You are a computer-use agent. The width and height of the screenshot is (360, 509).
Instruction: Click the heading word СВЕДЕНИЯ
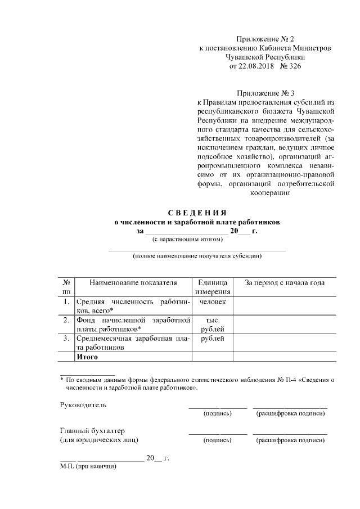[197, 213]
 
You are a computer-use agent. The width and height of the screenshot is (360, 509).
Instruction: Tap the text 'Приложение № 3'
[266, 93]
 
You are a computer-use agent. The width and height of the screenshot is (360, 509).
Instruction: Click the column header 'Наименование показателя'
[133, 283]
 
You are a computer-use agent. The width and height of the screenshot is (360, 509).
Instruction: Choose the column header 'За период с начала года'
[285, 283]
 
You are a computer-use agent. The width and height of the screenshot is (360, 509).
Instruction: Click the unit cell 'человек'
[212, 302]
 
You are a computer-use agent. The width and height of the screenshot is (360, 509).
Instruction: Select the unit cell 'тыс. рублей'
[212, 324]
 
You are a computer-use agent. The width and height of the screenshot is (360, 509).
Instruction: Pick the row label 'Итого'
[88, 357]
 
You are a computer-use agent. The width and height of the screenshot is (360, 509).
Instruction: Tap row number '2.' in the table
[66, 320]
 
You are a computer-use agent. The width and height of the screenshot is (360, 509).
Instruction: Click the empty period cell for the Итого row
[285, 357]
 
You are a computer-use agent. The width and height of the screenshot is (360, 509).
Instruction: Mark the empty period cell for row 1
[285, 306]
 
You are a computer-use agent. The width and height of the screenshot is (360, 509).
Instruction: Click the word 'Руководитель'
[83, 404]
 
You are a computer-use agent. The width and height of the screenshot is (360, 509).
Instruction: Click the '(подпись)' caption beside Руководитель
[217, 413]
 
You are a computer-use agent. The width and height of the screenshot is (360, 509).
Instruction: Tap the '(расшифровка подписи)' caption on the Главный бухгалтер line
[290, 440]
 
